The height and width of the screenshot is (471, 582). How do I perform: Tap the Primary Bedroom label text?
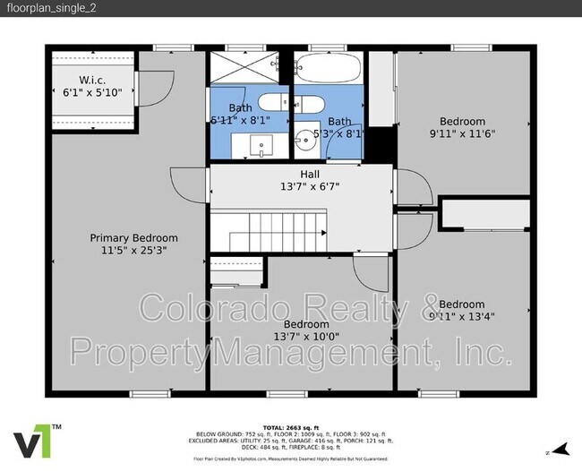133,237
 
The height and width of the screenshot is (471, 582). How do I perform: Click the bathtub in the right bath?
328,68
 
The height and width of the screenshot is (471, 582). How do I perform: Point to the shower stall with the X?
250,67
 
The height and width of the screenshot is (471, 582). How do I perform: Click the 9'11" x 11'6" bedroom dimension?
461,134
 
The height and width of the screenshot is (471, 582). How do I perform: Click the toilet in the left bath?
279,103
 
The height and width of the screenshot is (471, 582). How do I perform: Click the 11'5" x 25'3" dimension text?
133,251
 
